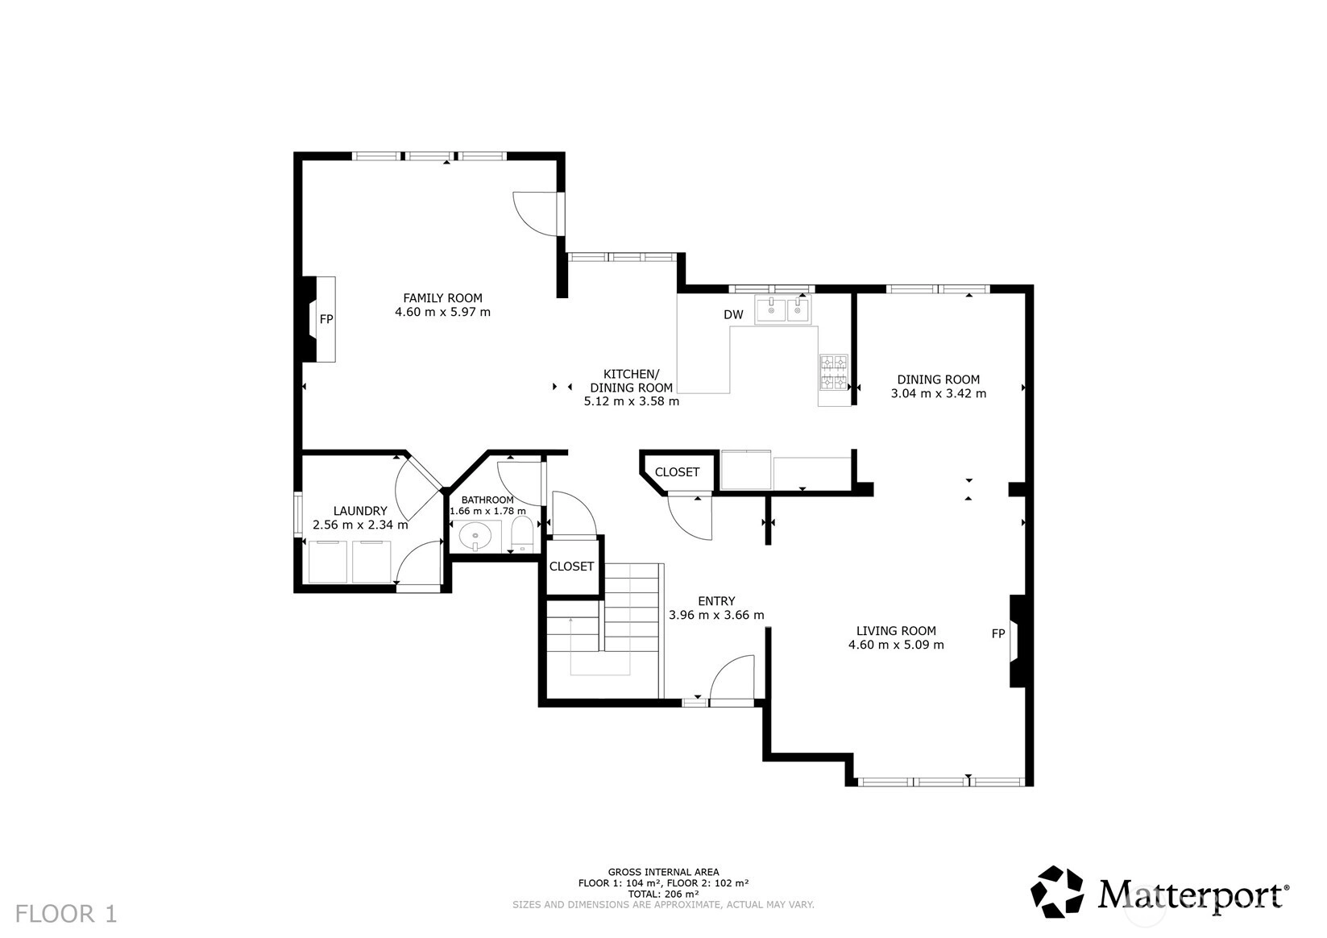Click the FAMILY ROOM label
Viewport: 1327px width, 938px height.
click(442, 298)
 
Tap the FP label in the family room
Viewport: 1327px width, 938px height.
click(326, 319)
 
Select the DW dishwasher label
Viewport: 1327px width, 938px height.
click(733, 314)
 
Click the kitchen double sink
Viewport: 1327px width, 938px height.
click(782, 310)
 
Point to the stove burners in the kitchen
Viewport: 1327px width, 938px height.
click(834, 372)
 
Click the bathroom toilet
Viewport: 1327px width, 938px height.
click(522, 534)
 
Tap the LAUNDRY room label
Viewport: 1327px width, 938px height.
click(360, 511)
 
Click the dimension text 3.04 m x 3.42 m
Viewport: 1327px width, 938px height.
click(939, 393)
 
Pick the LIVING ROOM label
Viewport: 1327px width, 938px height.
click(896, 631)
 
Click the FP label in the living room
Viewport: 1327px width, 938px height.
click(998, 633)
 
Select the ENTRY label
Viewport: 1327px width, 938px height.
click(716, 601)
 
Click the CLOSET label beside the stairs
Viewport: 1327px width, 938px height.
click(571, 567)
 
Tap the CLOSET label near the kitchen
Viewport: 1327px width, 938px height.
click(677, 472)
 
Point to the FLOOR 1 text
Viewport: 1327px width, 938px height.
click(66, 914)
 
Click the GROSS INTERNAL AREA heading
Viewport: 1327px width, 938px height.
click(664, 872)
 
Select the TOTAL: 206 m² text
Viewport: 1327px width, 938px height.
click(664, 894)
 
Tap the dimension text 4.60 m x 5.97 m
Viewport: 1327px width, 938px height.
click(442, 313)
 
